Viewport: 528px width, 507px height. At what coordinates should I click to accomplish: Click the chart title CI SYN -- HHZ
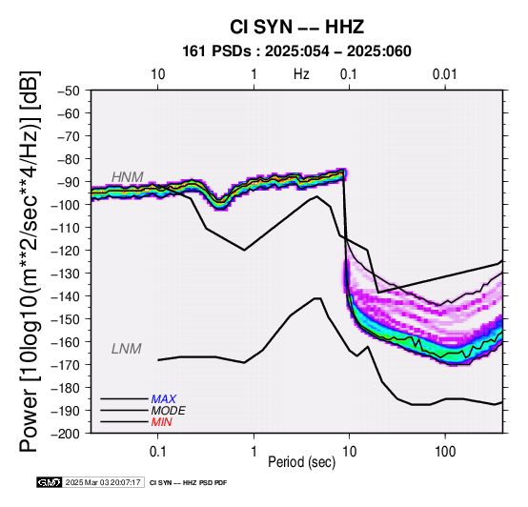296,27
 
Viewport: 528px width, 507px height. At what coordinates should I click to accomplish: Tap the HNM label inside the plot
128,177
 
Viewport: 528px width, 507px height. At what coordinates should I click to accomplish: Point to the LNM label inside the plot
126,349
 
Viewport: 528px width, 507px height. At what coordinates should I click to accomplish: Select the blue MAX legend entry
163,399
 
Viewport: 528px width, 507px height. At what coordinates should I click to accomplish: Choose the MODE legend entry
168,411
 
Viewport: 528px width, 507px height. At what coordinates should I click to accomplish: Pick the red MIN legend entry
161,422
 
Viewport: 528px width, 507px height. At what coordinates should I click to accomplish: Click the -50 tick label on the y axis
69,91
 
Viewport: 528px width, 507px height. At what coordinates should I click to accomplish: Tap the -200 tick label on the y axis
66,434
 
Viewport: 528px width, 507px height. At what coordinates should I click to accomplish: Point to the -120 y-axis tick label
66,251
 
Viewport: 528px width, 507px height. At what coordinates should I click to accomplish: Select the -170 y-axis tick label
66,365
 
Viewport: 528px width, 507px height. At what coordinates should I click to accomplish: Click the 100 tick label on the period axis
445,452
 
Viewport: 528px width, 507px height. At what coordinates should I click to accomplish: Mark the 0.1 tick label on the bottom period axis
157,452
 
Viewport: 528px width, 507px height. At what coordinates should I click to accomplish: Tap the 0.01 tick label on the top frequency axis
444,74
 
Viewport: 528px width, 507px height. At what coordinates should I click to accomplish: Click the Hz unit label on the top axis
301,74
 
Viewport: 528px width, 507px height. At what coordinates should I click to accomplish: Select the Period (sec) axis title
302,462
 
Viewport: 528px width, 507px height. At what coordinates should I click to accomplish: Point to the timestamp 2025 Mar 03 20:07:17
103,482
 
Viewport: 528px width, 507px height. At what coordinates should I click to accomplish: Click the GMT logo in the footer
50,482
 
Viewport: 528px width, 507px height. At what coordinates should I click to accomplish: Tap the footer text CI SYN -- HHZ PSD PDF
188,483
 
